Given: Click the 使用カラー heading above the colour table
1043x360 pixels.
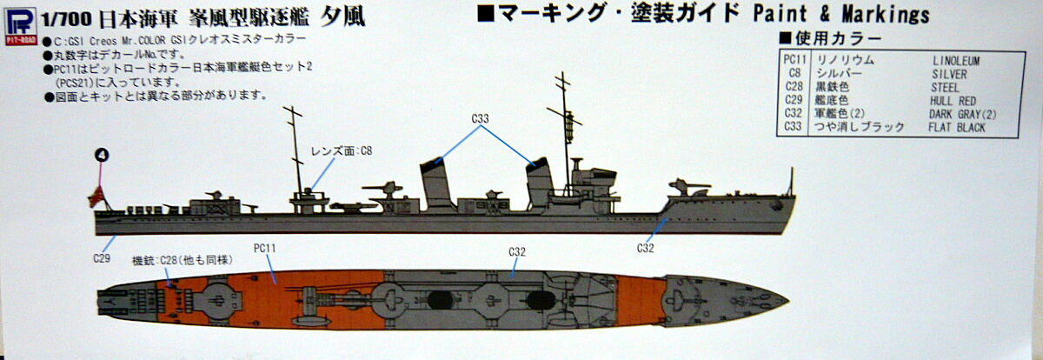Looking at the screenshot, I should click(x=835, y=39).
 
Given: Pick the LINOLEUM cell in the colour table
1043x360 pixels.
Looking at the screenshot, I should click(x=955, y=60).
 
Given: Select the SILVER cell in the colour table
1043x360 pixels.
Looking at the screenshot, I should click(x=947, y=74).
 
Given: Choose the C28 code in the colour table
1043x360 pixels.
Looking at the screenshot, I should click(x=792, y=87).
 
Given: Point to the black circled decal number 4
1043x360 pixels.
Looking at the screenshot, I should click(x=102, y=155).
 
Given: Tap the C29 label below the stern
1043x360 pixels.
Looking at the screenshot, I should click(x=103, y=258).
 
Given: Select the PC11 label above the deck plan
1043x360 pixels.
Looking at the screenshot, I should click(x=264, y=248).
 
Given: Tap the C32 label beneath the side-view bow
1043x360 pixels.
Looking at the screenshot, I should click(x=644, y=248).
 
